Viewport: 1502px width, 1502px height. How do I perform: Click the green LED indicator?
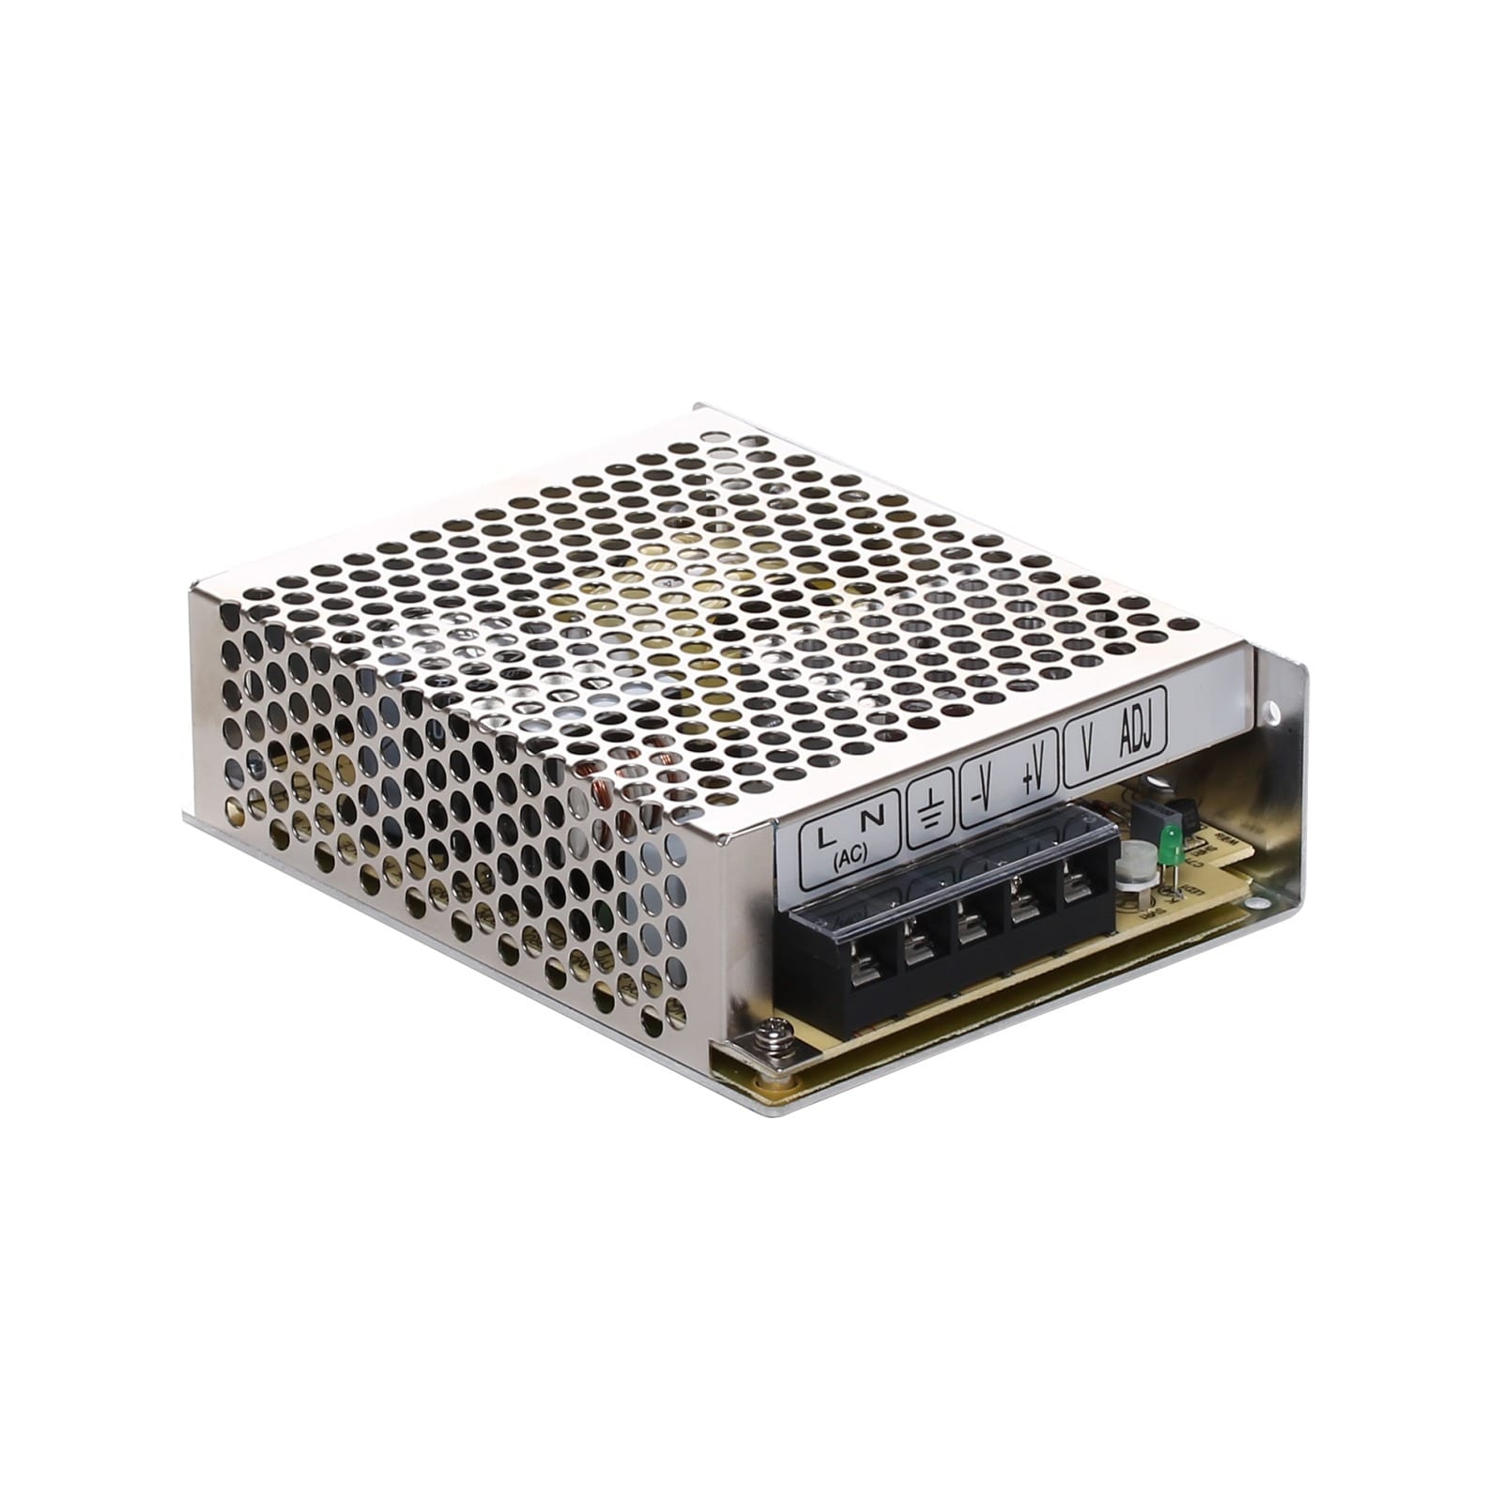(1171, 843)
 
